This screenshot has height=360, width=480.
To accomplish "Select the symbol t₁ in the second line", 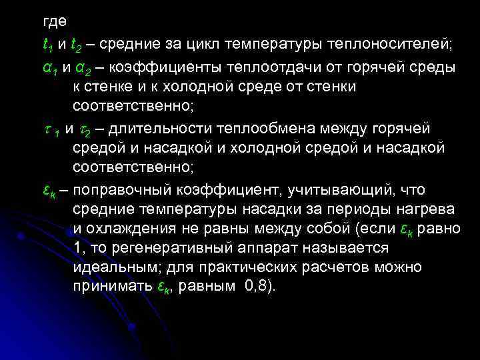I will coord(48,45).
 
